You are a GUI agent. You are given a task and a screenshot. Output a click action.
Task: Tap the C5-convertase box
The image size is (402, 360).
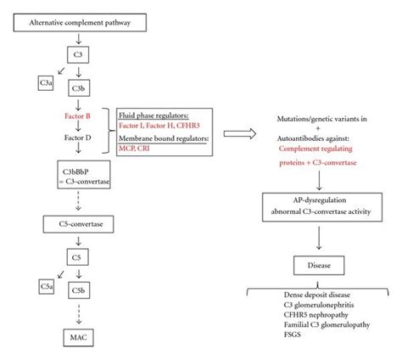click(x=78, y=225)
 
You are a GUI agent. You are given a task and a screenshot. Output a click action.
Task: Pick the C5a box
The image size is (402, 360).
click(x=25, y=286)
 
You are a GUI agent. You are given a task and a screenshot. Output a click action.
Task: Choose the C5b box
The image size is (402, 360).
click(x=78, y=291)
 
